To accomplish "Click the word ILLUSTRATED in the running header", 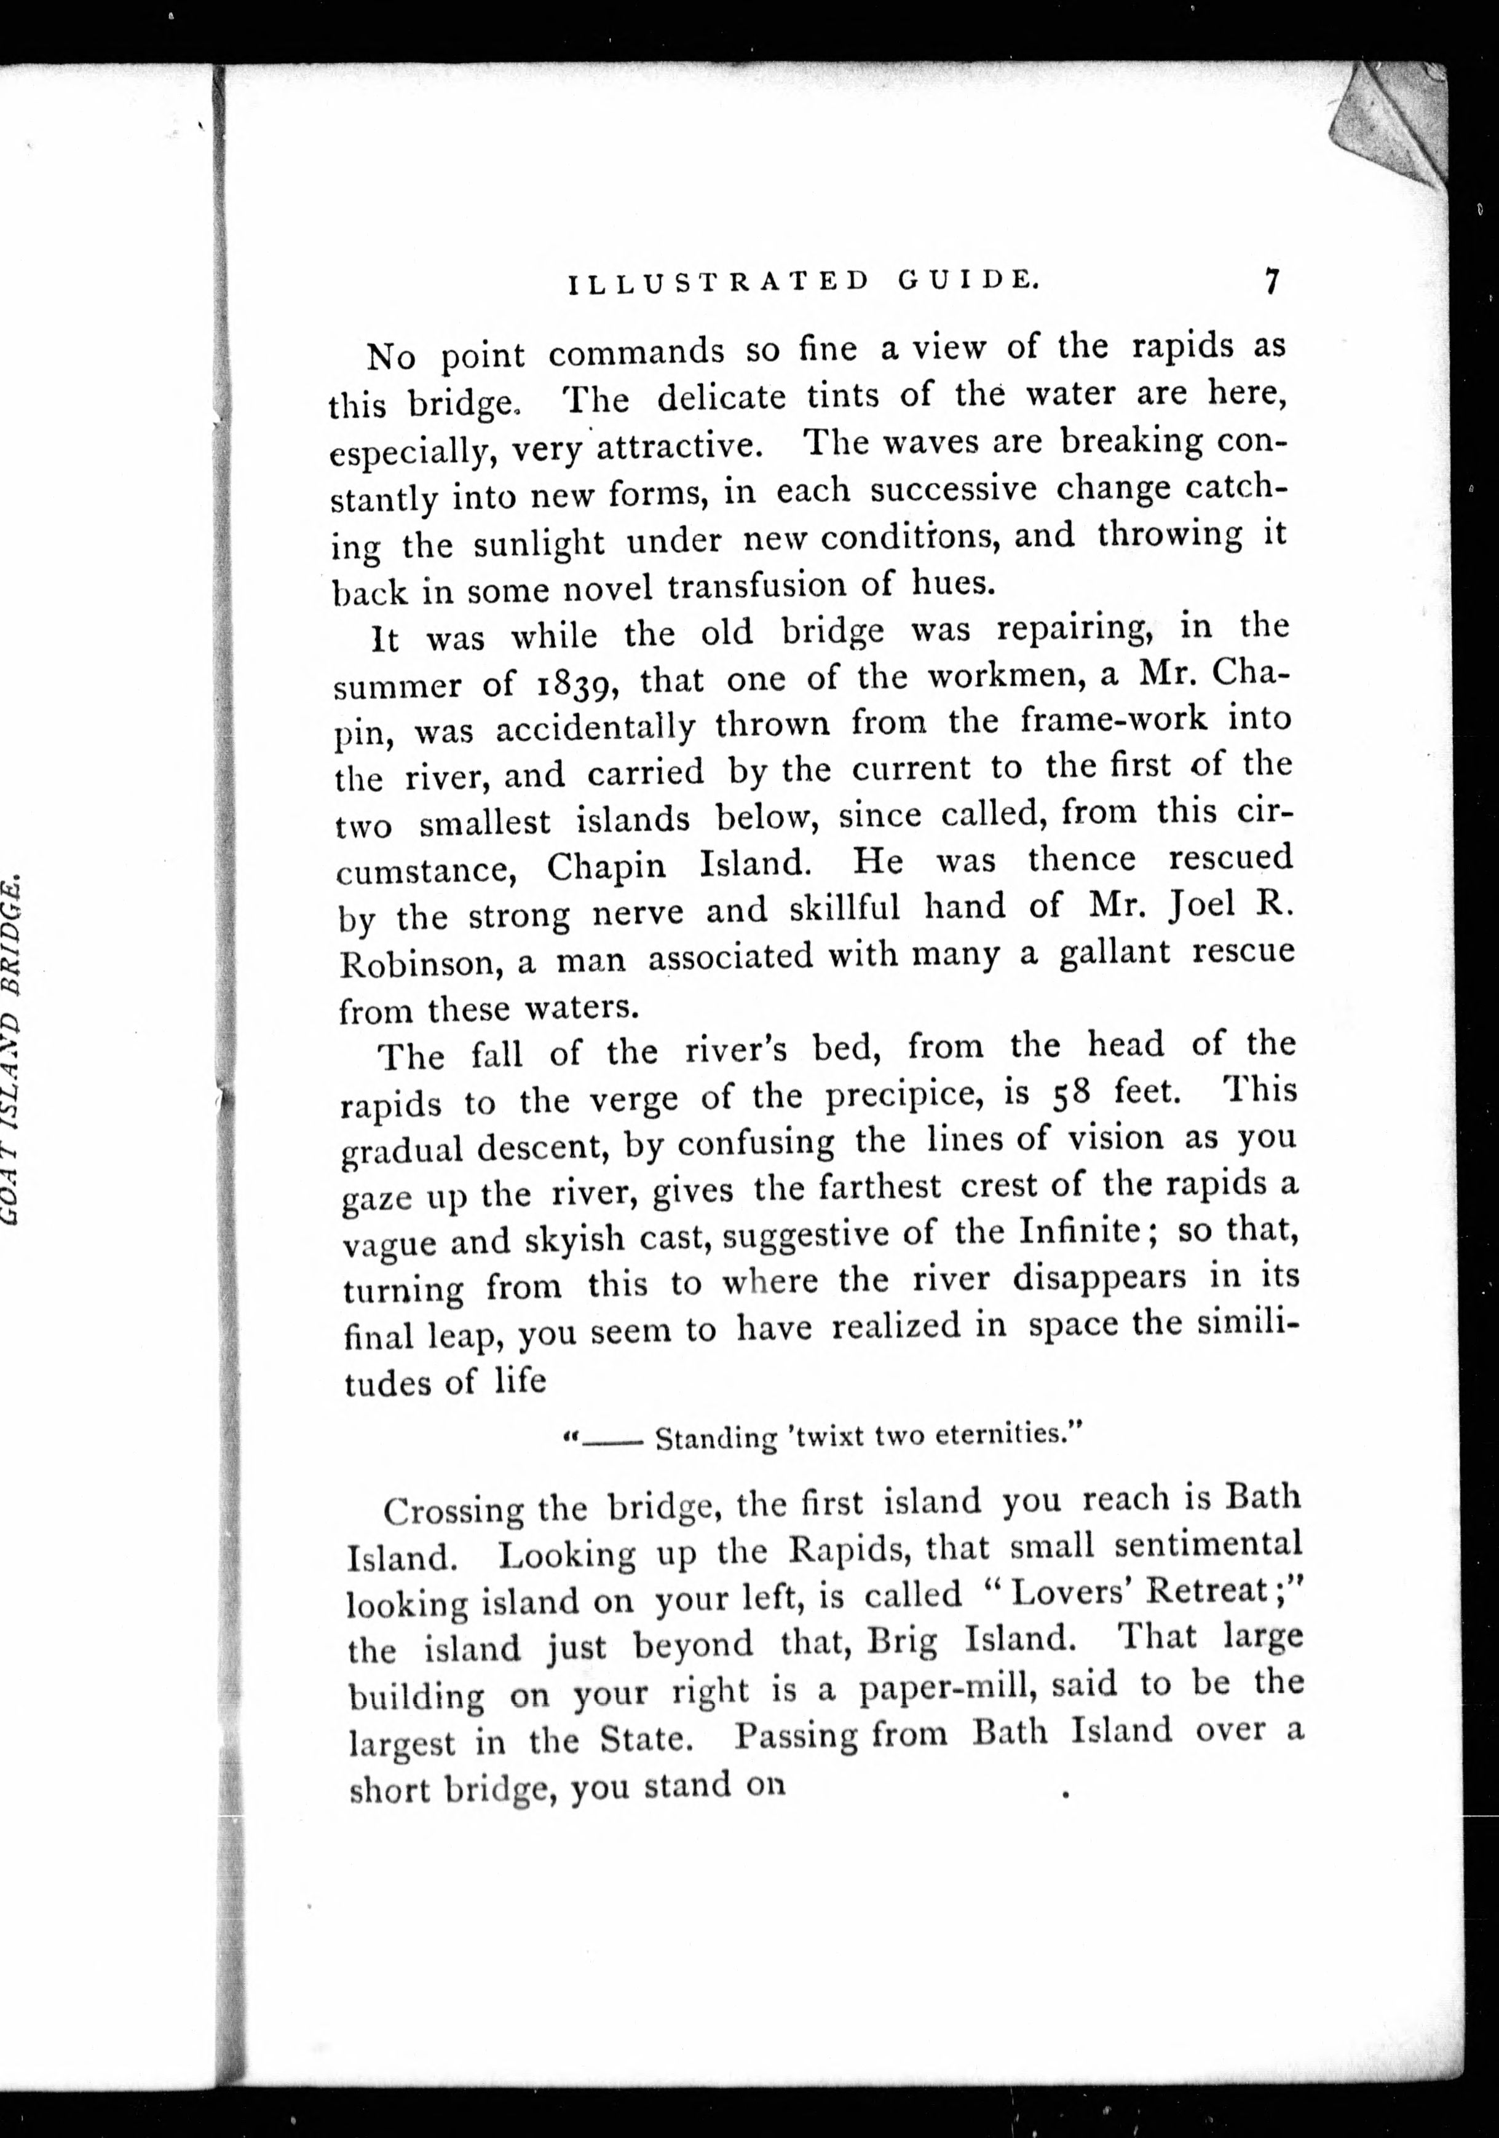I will (x=718, y=281).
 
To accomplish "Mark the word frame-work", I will (x=1113, y=720).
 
